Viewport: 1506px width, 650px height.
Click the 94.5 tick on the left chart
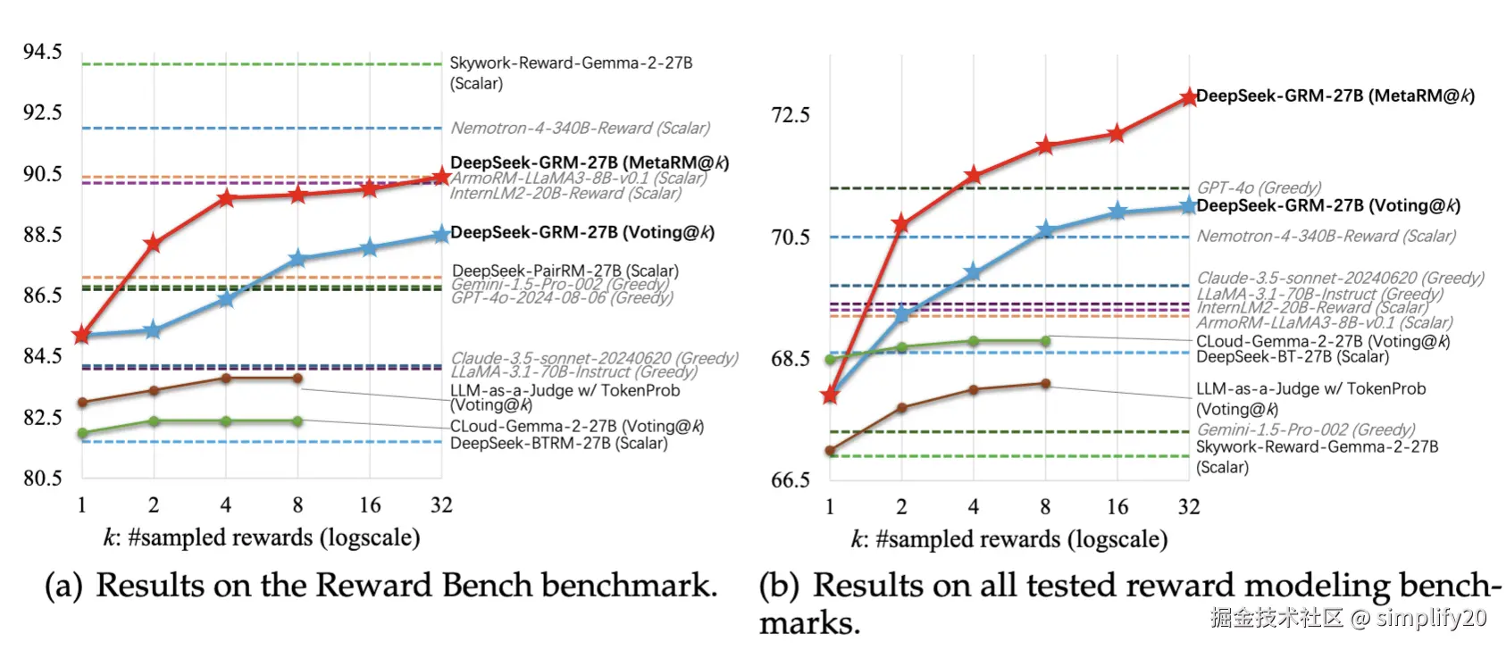click(x=42, y=52)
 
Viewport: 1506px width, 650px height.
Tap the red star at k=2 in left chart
click(x=153, y=244)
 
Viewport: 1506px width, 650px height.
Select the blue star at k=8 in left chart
click(x=297, y=259)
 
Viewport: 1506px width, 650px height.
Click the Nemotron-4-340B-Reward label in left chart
click(x=580, y=128)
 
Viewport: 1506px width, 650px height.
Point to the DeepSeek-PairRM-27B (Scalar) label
click(x=565, y=271)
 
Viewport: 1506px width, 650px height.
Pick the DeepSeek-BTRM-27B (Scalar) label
click(x=558, y=443)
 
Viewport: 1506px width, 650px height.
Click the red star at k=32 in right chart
click(x=1188, y=97)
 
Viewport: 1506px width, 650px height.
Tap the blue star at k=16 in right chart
click(x=1117, y=212)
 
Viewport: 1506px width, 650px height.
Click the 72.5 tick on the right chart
click(x=790, y=115)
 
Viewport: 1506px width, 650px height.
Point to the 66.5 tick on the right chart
click(x=790, y=480)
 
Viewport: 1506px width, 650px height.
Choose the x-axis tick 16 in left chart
click(x=370, y=505)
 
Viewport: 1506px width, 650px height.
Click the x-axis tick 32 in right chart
click(x=1188, y=507)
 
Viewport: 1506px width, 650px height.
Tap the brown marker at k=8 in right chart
click(x=1045, y=384)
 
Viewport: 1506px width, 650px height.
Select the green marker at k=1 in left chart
click(x=82, y=434)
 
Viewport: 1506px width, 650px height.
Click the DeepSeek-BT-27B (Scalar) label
click(x=1292, y=356)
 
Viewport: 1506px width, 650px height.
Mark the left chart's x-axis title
click(x=261, y=537)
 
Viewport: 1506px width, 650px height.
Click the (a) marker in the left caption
click(x=63, y=586)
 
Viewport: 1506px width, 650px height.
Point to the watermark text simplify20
click(x=1431, y=618)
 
